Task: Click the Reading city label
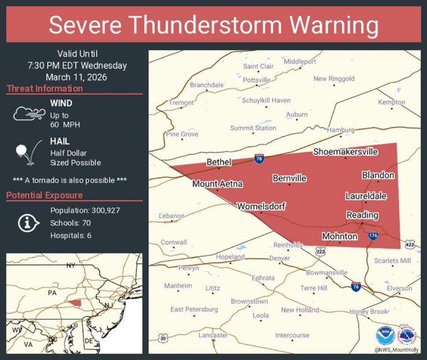(x=362, y=215)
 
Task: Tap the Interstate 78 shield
(x=259, y=159)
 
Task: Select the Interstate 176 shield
(x=373, y=235)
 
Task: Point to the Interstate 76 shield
(x=356, y=287)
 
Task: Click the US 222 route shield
(x=320, y=251)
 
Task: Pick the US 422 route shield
(x=410, y=244)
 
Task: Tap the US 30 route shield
(x=163, y=338)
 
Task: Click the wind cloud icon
(x=29, y=114)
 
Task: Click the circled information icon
(x=26, y=223)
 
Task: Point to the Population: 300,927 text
(x=85, y=211)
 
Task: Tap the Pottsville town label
(x=257, y=80)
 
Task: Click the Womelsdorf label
(x=261, y=206)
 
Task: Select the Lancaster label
(x=213, y=335)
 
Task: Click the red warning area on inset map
(x=75, y=303)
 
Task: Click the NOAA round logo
(x=385, y=335)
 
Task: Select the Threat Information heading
(x=45, y=89)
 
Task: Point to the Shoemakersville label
(x=346, y=152)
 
